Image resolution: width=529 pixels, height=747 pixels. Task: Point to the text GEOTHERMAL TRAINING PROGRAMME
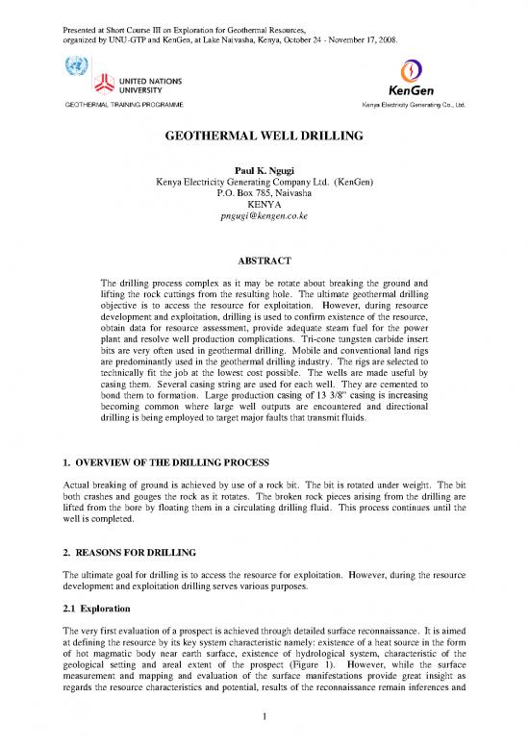119,103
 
